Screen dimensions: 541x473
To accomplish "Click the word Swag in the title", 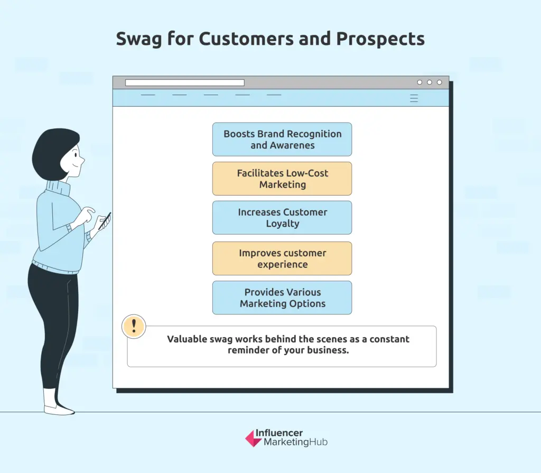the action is tap(139, 39).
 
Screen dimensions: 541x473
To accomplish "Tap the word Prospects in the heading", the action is tap(380, 39).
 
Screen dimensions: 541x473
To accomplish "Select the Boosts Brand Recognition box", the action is tap(282, 140).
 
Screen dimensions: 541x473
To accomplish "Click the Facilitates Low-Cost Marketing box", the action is tap(282, 179).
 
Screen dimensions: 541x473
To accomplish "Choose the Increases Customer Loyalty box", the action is tap(282, 218).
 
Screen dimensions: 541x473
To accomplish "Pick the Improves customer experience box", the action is tap(282, 258).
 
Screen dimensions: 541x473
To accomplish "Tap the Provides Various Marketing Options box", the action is tap(282, 298).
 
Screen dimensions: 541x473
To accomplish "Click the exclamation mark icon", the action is tap(134, 326).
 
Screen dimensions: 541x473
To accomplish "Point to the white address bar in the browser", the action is tap(185, 83).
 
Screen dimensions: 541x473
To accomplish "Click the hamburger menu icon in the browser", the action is tap(414, 98).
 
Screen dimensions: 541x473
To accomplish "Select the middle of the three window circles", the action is tap(430, 82).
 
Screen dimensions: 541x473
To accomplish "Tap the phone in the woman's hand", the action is tap(105, 221).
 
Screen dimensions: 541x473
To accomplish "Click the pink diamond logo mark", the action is tap(253, 439).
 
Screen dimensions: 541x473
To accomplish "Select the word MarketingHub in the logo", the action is tap(296, 442).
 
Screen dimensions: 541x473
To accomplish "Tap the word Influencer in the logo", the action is tap(279, 433).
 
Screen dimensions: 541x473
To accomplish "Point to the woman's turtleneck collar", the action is tap(58, 188).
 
